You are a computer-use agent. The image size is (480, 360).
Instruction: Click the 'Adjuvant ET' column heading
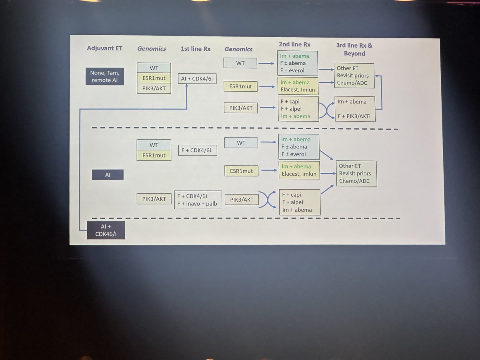(105, 48)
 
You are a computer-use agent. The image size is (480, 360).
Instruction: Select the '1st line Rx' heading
(196, 48)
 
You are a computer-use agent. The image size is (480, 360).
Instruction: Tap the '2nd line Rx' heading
(295, 44)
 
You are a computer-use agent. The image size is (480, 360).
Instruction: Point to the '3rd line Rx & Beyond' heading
(354, 49)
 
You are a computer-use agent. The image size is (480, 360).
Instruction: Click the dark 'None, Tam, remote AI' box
(105, 76)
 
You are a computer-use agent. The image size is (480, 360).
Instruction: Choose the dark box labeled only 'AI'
(107, 174)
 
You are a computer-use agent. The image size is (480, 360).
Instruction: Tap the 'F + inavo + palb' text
(197, 203)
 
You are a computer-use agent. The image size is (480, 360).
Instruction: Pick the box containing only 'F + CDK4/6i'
(199, 150)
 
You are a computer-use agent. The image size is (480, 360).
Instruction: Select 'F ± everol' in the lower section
(294, 154)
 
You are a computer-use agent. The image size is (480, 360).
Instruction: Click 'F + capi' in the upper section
(291, 101)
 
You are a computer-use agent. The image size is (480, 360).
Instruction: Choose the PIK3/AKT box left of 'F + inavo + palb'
(154, 199)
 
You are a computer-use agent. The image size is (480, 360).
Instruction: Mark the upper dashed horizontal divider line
(245, 129)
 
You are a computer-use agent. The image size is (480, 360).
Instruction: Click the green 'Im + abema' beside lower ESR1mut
(296, 166)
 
